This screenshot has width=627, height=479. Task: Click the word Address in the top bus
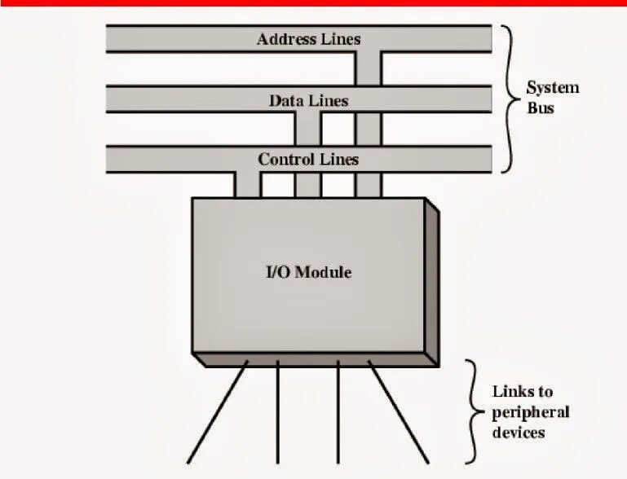(283, 39)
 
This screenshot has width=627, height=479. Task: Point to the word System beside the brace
(552, 87)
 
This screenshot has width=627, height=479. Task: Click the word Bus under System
(541, 107)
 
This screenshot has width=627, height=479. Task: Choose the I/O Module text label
(310, 272)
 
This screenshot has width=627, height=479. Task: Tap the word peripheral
(531, 412)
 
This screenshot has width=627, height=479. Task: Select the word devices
(519, 432)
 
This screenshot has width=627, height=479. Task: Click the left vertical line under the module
(278, 411)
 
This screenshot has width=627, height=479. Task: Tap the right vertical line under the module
(338, 411)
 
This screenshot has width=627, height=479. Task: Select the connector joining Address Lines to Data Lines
(369, 69)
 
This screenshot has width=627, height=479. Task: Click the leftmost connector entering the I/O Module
(248, 185)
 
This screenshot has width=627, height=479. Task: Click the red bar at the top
(313, 3)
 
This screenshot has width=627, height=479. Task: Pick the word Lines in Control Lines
(338, 160)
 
